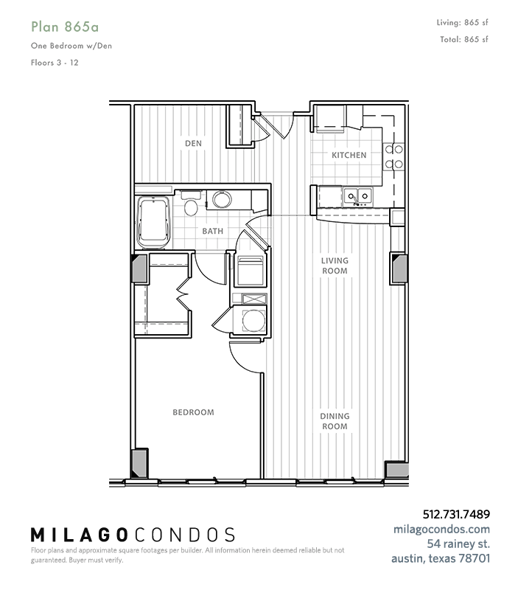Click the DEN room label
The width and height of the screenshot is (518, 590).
tap(193, 143)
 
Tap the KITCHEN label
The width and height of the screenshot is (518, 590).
tap(349, 155)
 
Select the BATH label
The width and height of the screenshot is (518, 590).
tap(213, 231)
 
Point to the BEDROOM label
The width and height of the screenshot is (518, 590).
tap(193, 412)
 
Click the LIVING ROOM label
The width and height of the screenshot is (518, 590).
tap(335, 265)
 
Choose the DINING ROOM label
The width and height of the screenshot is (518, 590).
tap(335, 421)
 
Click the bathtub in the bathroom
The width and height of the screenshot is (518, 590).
tap(154, 223)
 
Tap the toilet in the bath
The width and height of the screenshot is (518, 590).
tap(191, 204)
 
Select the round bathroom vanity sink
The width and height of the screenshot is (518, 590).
tap(222, 199)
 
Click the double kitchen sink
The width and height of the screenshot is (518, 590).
tap(357, 196)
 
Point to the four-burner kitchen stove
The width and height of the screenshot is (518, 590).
tap(393, 157)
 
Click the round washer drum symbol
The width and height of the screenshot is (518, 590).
tap(253, 321)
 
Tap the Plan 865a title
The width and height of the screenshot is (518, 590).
tap(65, 27)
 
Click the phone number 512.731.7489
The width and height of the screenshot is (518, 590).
tap(456, 514)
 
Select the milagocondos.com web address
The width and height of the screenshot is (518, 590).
tap(441, 529)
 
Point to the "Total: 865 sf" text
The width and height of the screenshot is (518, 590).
tap(464, 39)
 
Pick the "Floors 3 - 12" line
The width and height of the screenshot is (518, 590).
tap(55, 63)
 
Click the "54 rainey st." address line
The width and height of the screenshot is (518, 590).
tap(458, 544)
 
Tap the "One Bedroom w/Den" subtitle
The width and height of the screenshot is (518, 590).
tap(71, 46)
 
